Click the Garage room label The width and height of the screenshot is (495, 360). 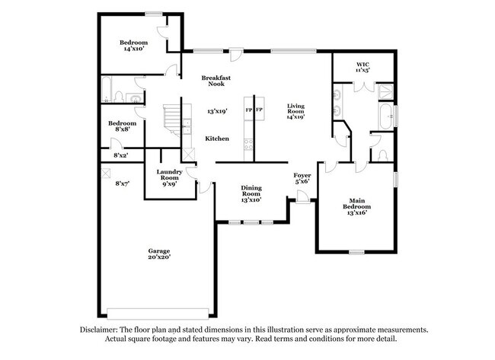pyautogui.click(x=159, y=251)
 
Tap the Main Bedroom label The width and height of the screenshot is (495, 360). pyautogui.click(x=356, y=203)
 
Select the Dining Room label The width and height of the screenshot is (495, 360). pyautogui.click(x=251, y=188)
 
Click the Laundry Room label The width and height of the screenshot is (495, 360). pyautogui.click(x=170, y=175)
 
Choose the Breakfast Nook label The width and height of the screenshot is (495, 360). pyautogui.click(x=216, y=81)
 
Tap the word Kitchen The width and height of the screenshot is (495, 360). pyautogui.click(x=217, y=139)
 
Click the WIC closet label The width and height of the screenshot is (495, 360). pyautogui.click(x=362, y=63)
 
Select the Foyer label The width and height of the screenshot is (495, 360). pyautogui.click(x=302, y=176)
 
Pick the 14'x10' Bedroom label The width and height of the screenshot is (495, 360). pyautogui.click(x=134, y=42)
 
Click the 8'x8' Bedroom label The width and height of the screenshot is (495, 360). pyautogui.click(x=122, y=123)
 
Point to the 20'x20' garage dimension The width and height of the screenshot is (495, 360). pyautogui.click(x=159, y=258)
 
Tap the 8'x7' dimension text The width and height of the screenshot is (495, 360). pyautogui.click(x=122, y=183)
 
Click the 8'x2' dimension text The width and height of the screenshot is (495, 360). pyautogui.click(x=121, y=155)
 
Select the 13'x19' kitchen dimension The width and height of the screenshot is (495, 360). pyautogui.click(x=218, y=112)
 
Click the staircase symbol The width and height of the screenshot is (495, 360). pyautogui.click(x=177, y=118)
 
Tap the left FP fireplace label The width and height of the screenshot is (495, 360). pyautogui.click(x=248, y=110)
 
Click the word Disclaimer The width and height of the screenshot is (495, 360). pyautogui.click(x=103, y=330)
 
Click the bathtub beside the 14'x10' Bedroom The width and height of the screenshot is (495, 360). pyautogui.click(x=108, y=90)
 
